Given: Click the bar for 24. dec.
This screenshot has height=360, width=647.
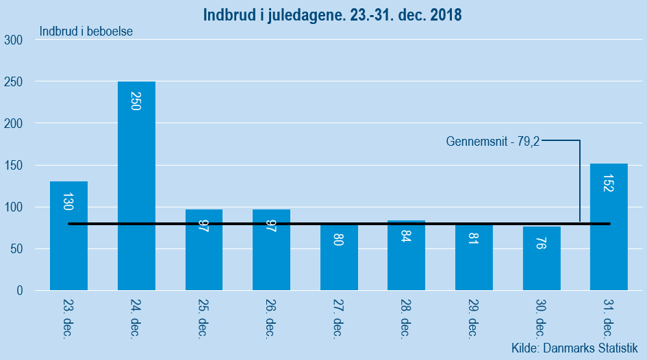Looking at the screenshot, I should coord(136,185).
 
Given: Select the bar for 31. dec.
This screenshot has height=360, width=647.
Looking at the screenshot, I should coord(609,227).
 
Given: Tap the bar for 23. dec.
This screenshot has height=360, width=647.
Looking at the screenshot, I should coord(68,235).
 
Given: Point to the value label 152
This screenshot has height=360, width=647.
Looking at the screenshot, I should coord(608,181).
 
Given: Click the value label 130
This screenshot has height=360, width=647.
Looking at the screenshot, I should coord(68,201).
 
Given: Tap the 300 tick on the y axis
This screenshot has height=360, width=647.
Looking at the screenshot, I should coord(14,40).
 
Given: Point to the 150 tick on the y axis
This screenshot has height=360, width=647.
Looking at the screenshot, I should coord(14,166).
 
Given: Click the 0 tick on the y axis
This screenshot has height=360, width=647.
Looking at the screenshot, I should coord(19,291).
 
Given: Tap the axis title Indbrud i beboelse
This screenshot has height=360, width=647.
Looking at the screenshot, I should coord(86,31).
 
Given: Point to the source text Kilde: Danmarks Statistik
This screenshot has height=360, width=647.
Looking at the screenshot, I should coord(574,348).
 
